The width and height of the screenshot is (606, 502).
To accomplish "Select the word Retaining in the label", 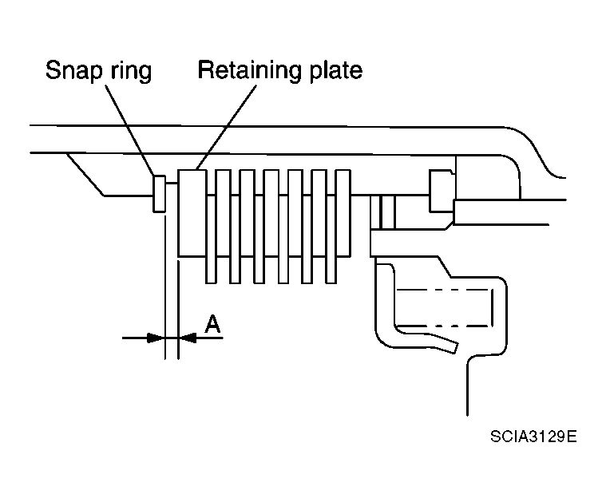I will [x=244, y=70].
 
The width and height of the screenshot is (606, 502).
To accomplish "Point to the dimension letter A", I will [x=212, y=323].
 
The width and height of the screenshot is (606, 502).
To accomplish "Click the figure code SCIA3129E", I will [x=533, y=438].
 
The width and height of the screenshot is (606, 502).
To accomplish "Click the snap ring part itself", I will [x=159, y=194].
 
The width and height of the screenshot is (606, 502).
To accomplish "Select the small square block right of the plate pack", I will [x=442, y=191].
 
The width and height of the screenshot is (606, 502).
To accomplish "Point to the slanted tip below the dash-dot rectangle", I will [x=447, y=345].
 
